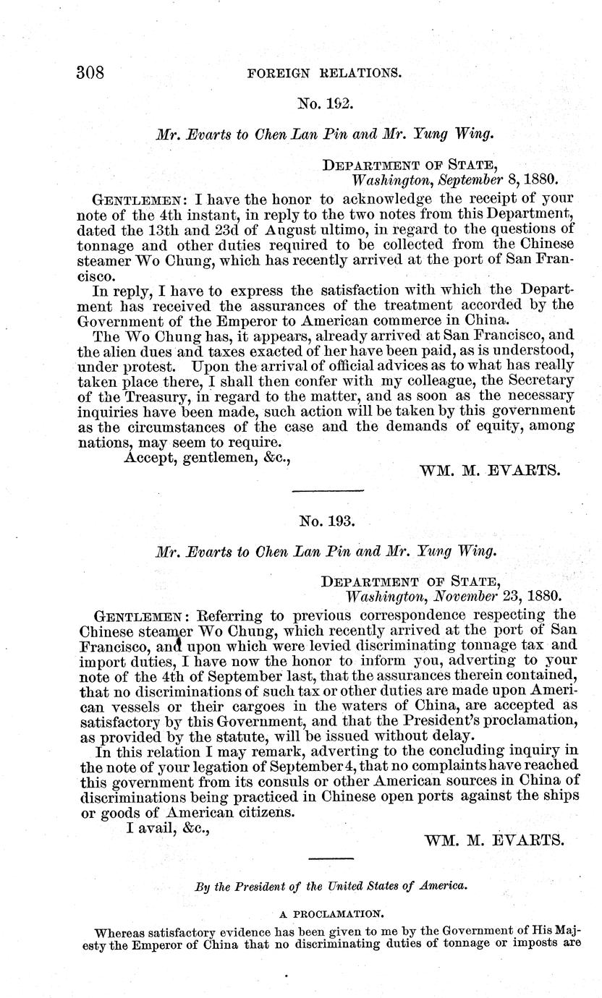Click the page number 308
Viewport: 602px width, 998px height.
pyautogui.click(x=91, y=73)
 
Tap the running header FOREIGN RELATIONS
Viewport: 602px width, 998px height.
pyautogui.click(x=324, y=73)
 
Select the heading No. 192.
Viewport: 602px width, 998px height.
pyautogui.click(x=325, y=104)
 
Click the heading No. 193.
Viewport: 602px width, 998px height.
pyautogui.click(x=325, y=520)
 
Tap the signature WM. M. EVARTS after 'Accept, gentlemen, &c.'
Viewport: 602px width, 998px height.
pyautogui.click(x=490, y=470)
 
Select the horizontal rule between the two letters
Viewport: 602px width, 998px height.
pyautogui.click(x=328, y=492)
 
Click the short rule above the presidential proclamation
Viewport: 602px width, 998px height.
pyautogui.click(x=331, y=859)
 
